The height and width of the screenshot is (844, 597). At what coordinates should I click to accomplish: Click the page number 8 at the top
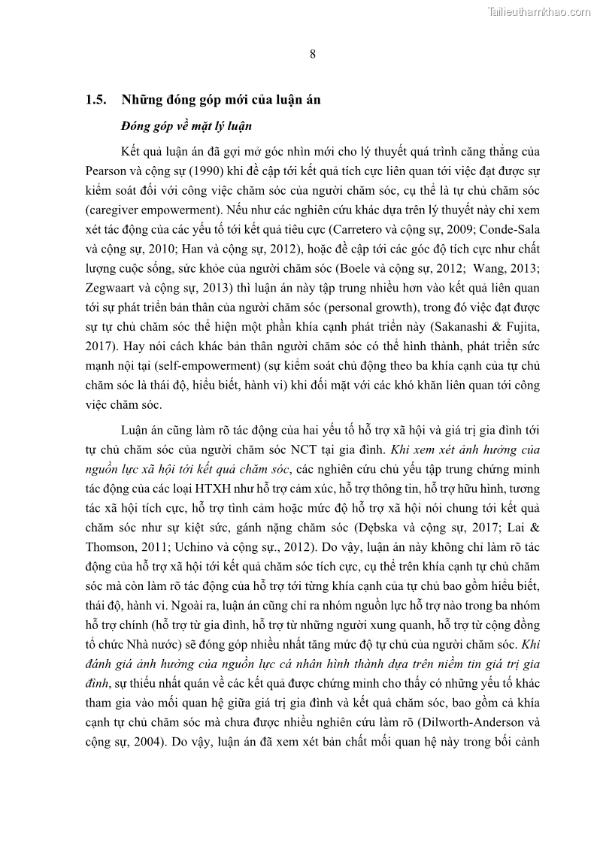tap(312, 53)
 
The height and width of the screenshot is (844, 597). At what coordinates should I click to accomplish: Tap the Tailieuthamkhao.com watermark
tap(539, 11)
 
